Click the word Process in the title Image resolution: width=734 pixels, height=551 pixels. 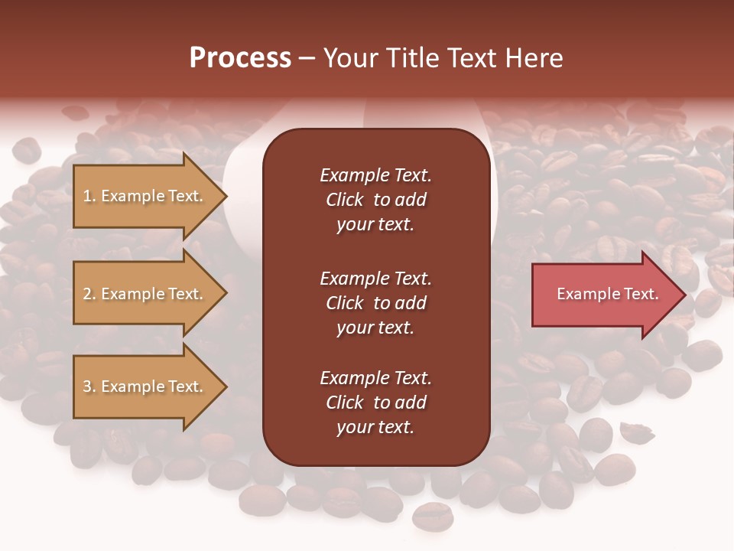coord(240,58)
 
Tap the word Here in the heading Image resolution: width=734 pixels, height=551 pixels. coord(534,58)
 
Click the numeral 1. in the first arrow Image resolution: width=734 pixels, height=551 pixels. coord(89,196)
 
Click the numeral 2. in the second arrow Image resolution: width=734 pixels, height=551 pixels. coord(89,294)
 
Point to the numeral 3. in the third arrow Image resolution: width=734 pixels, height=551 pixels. coord(89,386)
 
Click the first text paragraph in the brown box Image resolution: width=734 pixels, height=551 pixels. coord(375,200)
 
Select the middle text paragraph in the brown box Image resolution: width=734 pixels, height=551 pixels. coord(375,303)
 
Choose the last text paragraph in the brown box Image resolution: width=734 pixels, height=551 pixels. coord(375,403)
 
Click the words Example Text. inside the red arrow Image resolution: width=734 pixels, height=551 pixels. coord(607,294)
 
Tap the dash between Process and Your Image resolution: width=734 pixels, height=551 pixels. coord(307,58)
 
